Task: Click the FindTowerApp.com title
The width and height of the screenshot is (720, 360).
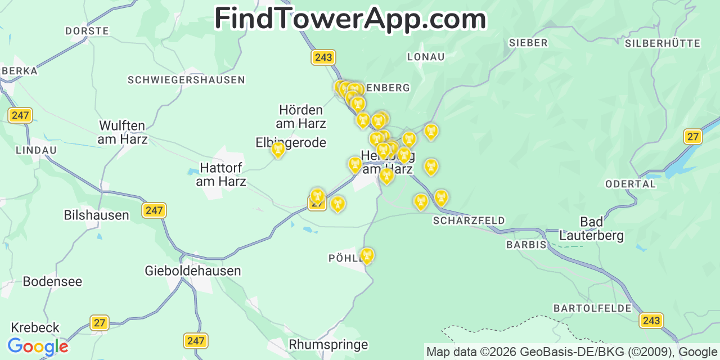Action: point(350,19)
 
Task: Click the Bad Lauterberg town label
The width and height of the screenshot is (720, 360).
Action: point(591,228)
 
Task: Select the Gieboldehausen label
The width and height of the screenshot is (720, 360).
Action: point(192,271)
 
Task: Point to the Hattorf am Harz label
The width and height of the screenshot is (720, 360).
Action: point(221,175)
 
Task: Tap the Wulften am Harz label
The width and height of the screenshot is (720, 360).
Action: point(122,132)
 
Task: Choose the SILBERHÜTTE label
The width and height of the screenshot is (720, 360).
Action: point(662,43)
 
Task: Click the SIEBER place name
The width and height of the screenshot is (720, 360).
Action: point(528,43)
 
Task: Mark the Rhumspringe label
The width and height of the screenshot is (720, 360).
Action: point(328,344)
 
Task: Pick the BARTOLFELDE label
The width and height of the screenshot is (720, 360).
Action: point(592,308)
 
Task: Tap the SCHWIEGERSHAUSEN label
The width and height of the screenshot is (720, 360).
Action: point(186,80)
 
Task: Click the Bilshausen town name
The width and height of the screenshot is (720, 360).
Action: point(96,215)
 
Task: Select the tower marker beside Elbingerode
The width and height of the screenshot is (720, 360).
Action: point(278,150)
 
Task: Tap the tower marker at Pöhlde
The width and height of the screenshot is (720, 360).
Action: point(367,256)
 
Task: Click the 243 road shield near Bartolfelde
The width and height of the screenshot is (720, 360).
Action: point(651,321)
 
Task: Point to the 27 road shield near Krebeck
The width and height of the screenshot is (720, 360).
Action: point(100,323)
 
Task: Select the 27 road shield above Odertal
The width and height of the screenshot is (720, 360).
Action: point(692,136)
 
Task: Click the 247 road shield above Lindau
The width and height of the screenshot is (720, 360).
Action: point(20,115)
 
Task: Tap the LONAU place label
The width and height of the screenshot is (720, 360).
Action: point(425,57)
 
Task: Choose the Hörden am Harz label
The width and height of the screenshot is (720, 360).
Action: point(301,116)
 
